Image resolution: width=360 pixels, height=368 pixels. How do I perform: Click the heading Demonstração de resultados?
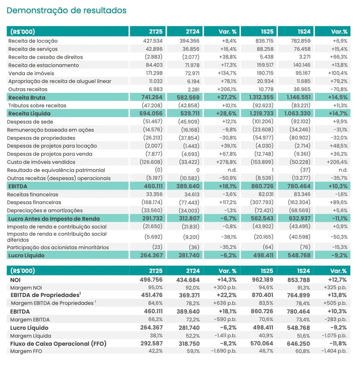(x=67, y=11)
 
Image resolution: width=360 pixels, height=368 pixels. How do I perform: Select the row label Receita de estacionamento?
(x=44, y=65)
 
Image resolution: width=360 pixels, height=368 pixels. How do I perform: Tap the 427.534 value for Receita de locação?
(x=153, y=41)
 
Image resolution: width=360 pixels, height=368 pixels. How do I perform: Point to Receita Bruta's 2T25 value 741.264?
(x=152, y=97)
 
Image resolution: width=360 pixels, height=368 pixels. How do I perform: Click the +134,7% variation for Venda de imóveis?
(x=227, y=73)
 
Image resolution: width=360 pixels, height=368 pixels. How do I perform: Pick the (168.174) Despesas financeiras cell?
(x=152, y=202)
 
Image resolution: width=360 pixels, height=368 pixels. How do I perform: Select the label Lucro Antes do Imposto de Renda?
(x=54, y=218)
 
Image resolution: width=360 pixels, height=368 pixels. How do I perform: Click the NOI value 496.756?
(x=151, y=280)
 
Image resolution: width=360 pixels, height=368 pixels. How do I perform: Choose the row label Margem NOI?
(x=26, y=287)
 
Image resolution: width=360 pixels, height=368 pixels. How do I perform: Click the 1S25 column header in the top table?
(x=267, y=32)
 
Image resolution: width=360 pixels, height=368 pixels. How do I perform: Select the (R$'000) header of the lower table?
(x=23, y=271)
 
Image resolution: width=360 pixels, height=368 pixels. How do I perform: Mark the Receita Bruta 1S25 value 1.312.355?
(x=261, y=97)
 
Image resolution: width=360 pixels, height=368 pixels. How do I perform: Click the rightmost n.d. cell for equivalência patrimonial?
(x=343, y=170)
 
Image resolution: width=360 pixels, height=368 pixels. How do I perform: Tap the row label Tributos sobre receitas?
(x=37, y=105)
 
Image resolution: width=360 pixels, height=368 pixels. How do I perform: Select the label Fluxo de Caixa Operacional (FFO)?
(x=58, y=344)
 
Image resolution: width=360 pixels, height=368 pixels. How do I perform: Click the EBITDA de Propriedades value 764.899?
(x=299, y=295)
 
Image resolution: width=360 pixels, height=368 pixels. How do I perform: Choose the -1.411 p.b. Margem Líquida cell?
(x=225, y=336)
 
